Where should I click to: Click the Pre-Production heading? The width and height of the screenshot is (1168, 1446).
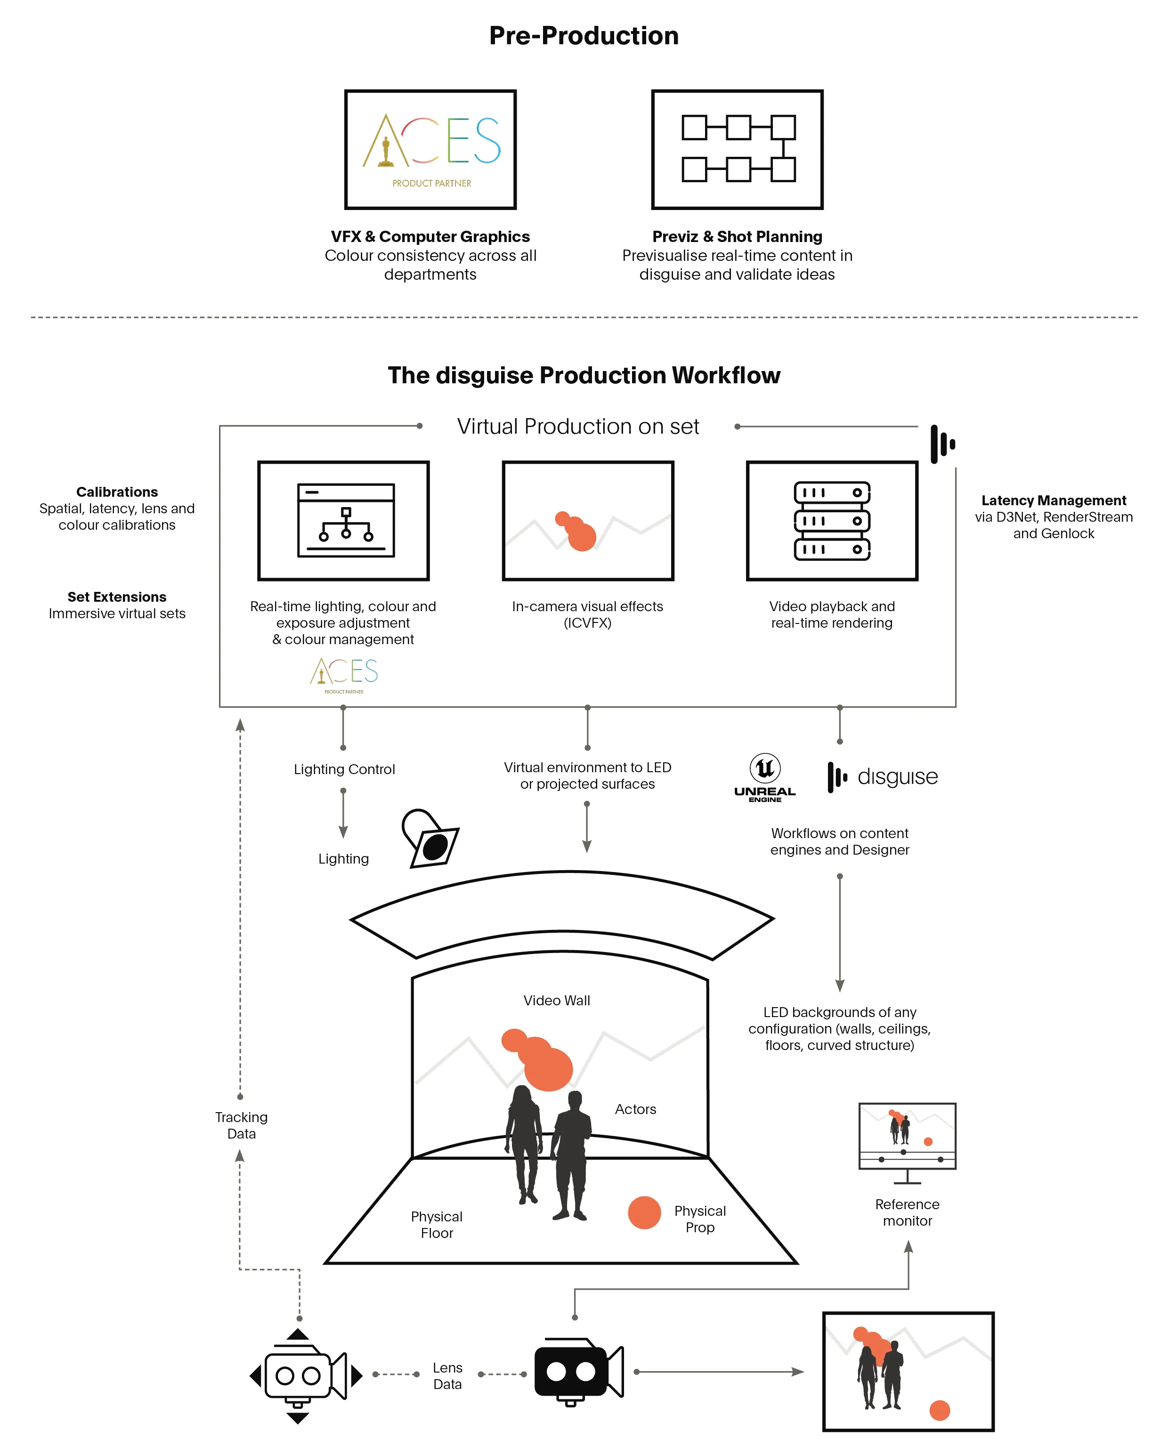[x=584, y=36]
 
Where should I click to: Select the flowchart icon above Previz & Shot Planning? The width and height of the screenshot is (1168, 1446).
[x=738, y=149]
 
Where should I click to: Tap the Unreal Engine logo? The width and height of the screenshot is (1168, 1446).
[x=765, y=777]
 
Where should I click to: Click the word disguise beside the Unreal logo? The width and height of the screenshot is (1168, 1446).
[x=898, y=777]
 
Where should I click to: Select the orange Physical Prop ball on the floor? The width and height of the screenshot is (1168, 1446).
[x=644, y=1212]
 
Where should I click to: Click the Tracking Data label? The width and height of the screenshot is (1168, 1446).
[x=241, y=1125]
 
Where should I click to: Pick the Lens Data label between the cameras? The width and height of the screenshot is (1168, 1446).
[x=447, y=1375]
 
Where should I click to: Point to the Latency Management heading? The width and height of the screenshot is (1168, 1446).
[x=1053, y=501]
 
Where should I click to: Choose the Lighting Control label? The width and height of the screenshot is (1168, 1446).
[x=344, y=769]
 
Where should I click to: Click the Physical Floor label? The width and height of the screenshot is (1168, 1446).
[x=437, y=1225]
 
